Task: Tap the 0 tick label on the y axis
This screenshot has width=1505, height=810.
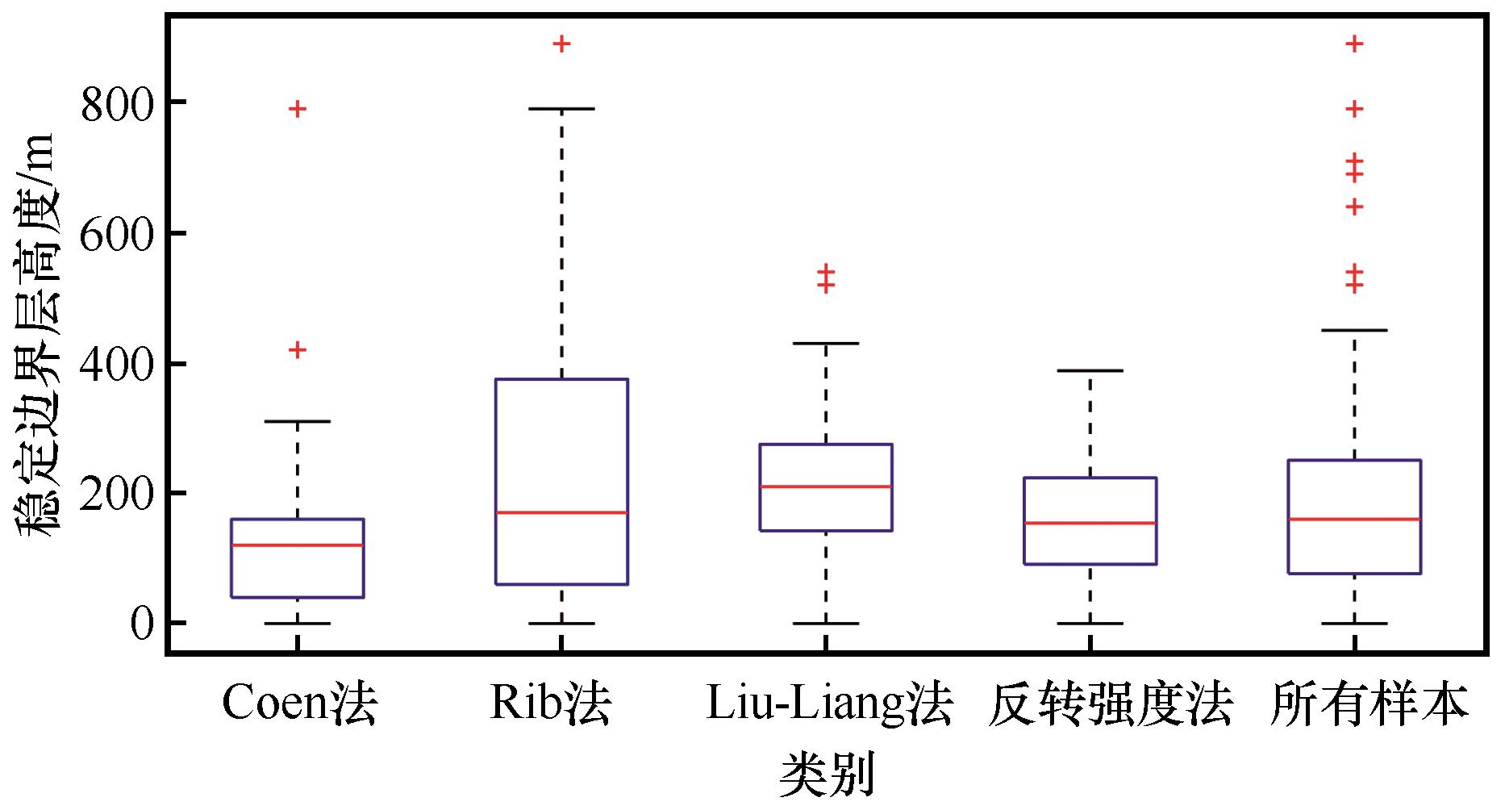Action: (x=142, y=624)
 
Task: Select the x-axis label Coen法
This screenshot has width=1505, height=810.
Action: (x=298, y=704)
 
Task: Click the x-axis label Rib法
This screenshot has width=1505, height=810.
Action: (x=551, y=704)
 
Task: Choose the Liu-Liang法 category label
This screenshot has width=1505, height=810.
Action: (x=829, y=704)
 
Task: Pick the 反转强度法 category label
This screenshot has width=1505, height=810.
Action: (x=1111, y=704)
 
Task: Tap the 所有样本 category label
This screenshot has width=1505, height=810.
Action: (x=1369, y=704)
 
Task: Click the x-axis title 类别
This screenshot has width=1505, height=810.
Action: (x=828, y=775)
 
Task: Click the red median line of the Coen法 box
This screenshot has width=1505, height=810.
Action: (x=298, y=545)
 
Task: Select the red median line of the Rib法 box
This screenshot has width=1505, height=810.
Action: (x=561, y=512)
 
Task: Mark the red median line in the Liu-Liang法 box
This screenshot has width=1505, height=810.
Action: (x=826, y=486)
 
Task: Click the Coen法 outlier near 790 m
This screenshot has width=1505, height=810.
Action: (x=298, y=109)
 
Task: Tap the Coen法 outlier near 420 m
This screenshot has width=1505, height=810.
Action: (x=298, y=349)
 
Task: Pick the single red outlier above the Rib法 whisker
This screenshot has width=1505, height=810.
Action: (x=561, y=44)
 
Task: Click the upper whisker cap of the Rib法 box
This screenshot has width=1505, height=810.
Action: (x=561, y=108)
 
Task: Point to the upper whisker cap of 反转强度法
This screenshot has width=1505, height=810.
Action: (x=1090, y=370)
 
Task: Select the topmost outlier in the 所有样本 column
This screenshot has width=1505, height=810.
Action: (x=1354, y=44)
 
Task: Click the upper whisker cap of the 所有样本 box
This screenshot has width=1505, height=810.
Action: (x=1354, y=330)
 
